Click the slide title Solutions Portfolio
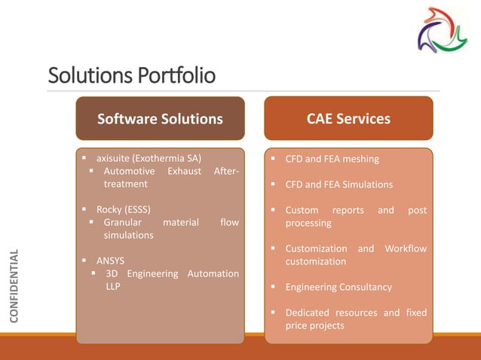pos(131,76)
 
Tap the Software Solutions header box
pos(160,119)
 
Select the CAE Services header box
pos(348,119)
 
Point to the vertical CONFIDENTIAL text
pos(14,285)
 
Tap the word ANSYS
pos(111,261)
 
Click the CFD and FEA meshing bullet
pos(332,159)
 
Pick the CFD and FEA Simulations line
pos(339,185)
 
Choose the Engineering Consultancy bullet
pos(338,287)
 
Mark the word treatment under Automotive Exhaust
pos(125,184)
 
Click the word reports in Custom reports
pos(348,210)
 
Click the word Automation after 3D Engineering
pos(214,273)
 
